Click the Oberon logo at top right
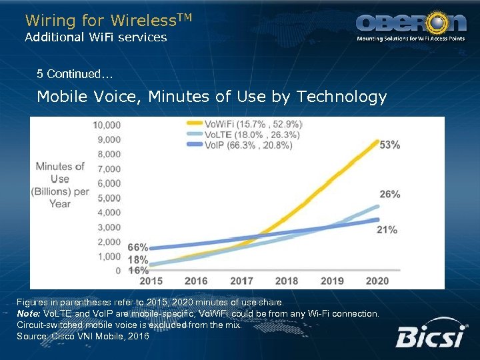411,25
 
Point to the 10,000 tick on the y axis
107,125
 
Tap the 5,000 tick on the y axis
109,198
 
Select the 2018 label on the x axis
287,281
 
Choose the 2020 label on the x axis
377,281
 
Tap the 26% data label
390,194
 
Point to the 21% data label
387,229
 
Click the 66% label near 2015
137,247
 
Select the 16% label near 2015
137,270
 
